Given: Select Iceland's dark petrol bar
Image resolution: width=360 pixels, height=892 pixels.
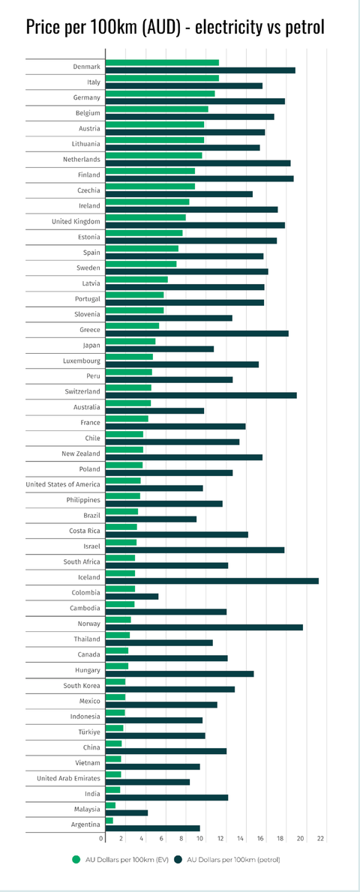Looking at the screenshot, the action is click(212, 581).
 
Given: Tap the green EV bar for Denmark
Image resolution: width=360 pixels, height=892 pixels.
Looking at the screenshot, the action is click(162, 62).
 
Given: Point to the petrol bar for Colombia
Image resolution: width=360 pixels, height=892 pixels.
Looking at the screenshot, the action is click(131, 596).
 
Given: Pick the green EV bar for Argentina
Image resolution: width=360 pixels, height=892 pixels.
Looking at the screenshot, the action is click(109, 821).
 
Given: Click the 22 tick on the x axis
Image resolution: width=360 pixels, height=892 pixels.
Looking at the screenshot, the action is click(321, 839).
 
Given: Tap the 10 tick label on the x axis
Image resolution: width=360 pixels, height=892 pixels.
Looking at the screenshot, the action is click(200, 839).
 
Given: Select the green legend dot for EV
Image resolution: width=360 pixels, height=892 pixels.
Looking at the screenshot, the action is click(74, 858).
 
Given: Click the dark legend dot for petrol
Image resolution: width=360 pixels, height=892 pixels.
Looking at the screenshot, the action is click(178, 858).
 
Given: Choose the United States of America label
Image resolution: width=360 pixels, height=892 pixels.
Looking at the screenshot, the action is click(63, 485).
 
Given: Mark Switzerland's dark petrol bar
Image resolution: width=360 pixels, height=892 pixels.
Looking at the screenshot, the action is click(201, 395).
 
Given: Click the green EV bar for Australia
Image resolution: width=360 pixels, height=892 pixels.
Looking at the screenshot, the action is click(128, 403).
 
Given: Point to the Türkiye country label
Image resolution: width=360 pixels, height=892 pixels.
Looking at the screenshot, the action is click(90, 732).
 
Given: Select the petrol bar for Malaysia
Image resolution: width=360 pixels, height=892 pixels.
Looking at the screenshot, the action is click(127, 813).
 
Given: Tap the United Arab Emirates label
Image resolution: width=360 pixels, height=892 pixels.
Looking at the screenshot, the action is click(69, 778).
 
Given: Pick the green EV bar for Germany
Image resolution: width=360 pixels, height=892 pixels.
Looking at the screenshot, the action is click(160, 93).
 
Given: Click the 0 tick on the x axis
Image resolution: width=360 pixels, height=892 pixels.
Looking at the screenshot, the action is click(102, 839).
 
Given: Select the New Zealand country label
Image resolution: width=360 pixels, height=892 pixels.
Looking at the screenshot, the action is click(81, 454).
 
